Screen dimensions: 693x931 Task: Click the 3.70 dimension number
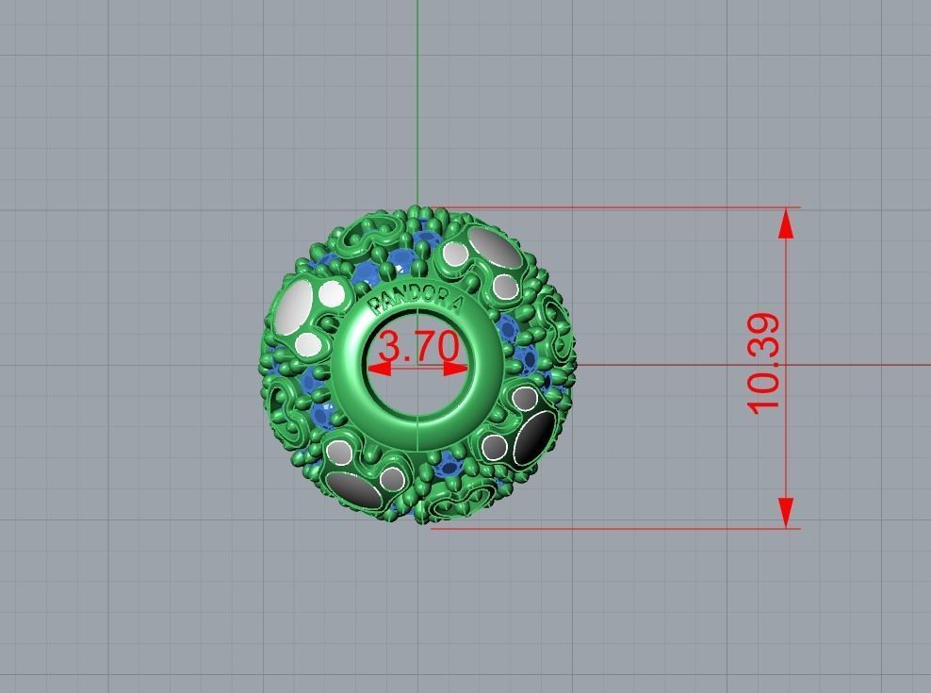(x=416, y=346)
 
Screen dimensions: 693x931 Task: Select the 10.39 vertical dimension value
(x=765, y=364)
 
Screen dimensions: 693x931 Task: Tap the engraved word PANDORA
(x=416, y=299)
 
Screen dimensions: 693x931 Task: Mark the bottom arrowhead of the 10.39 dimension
(x=786, y=512)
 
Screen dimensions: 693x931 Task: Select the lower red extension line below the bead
(x=612, y=528)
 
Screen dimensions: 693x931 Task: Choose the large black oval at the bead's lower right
(x=533, y=436)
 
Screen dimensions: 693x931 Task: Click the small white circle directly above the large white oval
(x=332, y=293)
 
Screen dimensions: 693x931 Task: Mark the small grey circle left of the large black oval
(x=494, y=447)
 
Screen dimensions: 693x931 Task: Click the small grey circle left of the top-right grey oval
(x=455, y=253)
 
